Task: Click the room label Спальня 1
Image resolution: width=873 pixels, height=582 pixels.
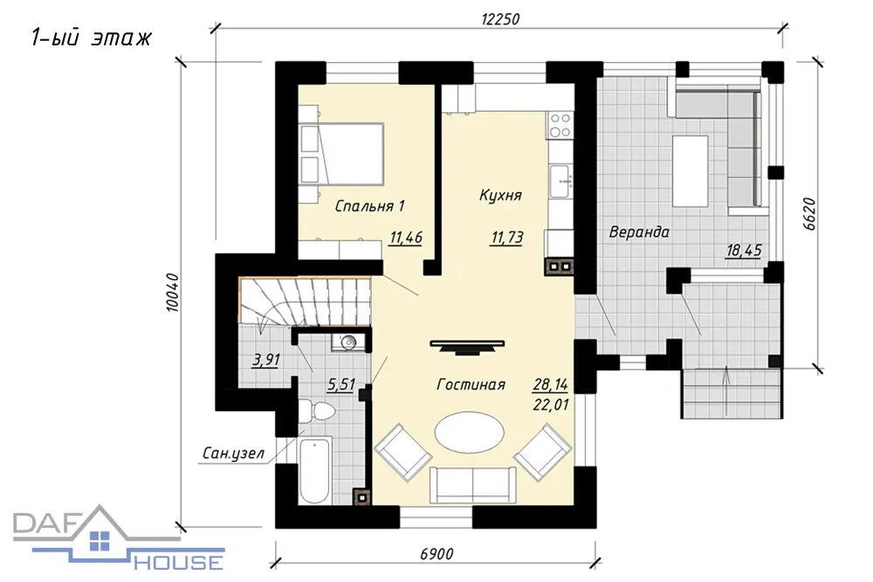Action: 369,207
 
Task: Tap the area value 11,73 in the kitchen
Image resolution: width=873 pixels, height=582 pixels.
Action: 507,237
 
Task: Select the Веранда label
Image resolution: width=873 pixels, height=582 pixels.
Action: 639,231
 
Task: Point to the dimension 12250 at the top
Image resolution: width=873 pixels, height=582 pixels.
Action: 500,19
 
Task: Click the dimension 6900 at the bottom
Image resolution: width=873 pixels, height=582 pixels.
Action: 436,553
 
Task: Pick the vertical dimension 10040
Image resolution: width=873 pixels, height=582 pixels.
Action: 173,292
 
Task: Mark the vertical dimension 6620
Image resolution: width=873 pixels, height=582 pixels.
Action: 809,214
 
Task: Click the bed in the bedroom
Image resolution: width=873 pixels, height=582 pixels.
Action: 342,154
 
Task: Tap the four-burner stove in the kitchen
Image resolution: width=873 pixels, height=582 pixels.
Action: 560,125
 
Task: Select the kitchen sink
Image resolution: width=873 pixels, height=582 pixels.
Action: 560,181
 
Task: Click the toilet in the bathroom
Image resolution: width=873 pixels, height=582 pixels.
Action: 316,412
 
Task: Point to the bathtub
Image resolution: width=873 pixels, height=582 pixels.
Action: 314,470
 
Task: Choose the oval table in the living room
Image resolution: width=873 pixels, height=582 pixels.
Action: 471,432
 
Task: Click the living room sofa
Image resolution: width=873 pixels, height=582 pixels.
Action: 472,484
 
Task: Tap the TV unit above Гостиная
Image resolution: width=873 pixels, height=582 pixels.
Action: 468,346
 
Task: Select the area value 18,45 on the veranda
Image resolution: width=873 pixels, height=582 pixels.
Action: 743,250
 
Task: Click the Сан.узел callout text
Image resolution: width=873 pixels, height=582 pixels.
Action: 233,454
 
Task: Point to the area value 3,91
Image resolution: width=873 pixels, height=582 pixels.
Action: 266,360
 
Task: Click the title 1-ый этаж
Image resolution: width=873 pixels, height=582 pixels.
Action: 91,38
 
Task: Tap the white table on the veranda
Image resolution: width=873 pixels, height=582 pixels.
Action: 691,171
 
